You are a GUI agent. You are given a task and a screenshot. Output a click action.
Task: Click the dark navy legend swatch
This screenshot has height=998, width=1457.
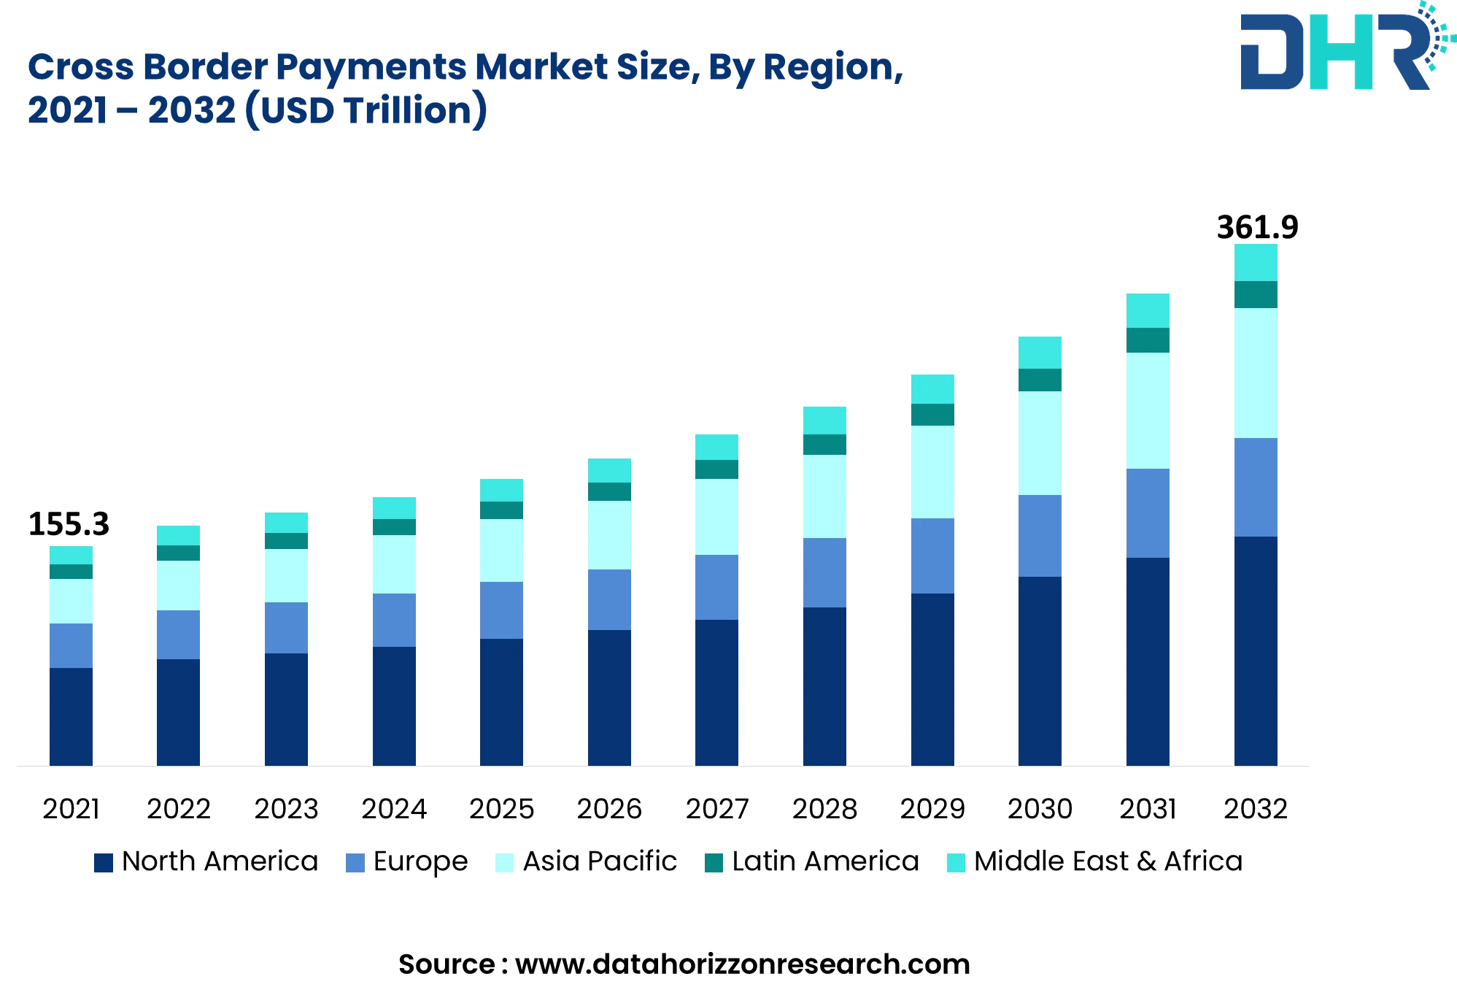[104, 865]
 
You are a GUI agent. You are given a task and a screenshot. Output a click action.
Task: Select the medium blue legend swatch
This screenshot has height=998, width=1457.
[355, 865]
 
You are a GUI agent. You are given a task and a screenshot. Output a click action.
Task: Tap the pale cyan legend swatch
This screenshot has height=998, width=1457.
[504, 865]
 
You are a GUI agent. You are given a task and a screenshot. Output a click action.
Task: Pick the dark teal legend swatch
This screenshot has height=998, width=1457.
[714, 865]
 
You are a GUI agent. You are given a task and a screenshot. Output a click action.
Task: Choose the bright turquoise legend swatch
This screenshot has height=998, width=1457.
[956, 865]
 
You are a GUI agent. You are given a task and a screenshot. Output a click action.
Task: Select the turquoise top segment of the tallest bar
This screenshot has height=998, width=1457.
[1256, 262]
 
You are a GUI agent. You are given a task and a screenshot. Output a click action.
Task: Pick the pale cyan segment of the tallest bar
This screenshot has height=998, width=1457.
[1256, 373]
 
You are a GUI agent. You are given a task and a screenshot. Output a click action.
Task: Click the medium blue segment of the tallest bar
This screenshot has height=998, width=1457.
[1256, 487]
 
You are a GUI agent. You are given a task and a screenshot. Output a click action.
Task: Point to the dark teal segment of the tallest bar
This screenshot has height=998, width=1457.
[1256, 294]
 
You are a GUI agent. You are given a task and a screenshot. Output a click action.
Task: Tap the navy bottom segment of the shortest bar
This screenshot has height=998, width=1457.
[71, 716]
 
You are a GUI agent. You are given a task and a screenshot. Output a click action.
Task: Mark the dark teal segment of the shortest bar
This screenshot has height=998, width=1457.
[71, 571]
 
